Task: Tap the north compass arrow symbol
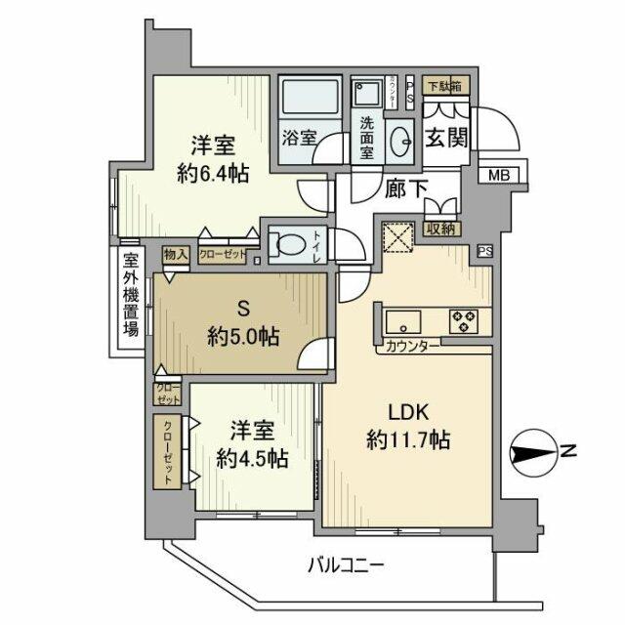532,452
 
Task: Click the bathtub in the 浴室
308,101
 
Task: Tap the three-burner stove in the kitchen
465,319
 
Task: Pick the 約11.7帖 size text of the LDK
407,440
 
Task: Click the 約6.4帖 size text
211,175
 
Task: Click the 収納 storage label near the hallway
442,229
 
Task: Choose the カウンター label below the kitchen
411,346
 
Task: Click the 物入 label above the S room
176,254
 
